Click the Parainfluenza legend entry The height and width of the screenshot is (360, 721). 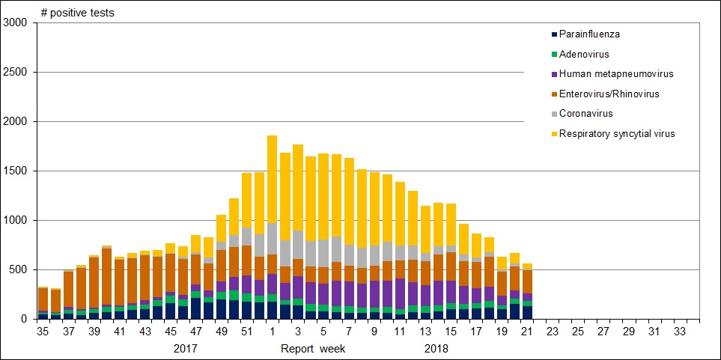tap(589, 34)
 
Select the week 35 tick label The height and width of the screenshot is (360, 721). tap(43, 331)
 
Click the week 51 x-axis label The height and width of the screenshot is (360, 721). tap(246, 331)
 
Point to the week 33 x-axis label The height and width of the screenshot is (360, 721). tap(680, 331)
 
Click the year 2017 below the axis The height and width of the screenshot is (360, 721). tap(186, 348)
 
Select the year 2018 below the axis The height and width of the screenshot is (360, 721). tap(436, 348)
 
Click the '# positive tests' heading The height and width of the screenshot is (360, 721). tap(77, 13)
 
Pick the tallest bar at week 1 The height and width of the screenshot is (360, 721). tap(272, 225)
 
